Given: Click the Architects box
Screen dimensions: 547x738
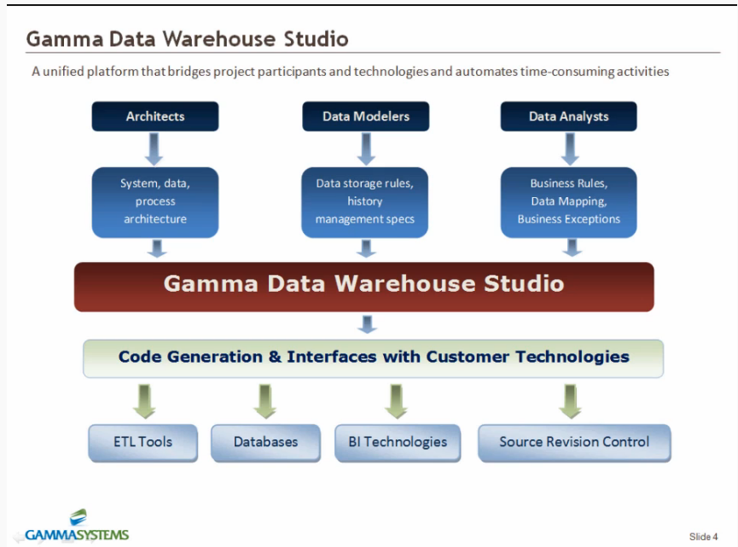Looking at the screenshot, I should (155, 117).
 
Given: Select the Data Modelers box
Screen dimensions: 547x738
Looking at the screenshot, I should (365, 117).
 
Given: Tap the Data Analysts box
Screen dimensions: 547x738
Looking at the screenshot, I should (568, 117).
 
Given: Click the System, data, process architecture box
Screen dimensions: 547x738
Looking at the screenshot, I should (155, 202).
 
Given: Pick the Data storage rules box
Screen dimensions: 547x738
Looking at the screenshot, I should (365, 202).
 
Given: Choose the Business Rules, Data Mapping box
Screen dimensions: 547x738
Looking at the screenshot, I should (568, 202).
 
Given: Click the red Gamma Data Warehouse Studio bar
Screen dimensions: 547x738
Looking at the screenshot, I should (363, 286).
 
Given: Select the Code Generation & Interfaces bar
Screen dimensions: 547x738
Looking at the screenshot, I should (373, 358).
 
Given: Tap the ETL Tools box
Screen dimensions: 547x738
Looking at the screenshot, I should (142, 442).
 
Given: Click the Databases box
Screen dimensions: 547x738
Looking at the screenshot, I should (265, 442).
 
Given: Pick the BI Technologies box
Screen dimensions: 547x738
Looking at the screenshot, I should (398, 442).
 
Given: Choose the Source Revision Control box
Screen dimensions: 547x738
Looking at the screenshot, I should (573, 442).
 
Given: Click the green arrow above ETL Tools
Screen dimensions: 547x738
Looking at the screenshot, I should (144, 400).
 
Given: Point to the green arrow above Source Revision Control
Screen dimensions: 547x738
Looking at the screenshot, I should (571, 400).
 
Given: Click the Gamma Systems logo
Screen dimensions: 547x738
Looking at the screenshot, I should (77, 527).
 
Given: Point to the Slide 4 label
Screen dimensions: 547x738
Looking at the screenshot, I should (703, 537).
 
